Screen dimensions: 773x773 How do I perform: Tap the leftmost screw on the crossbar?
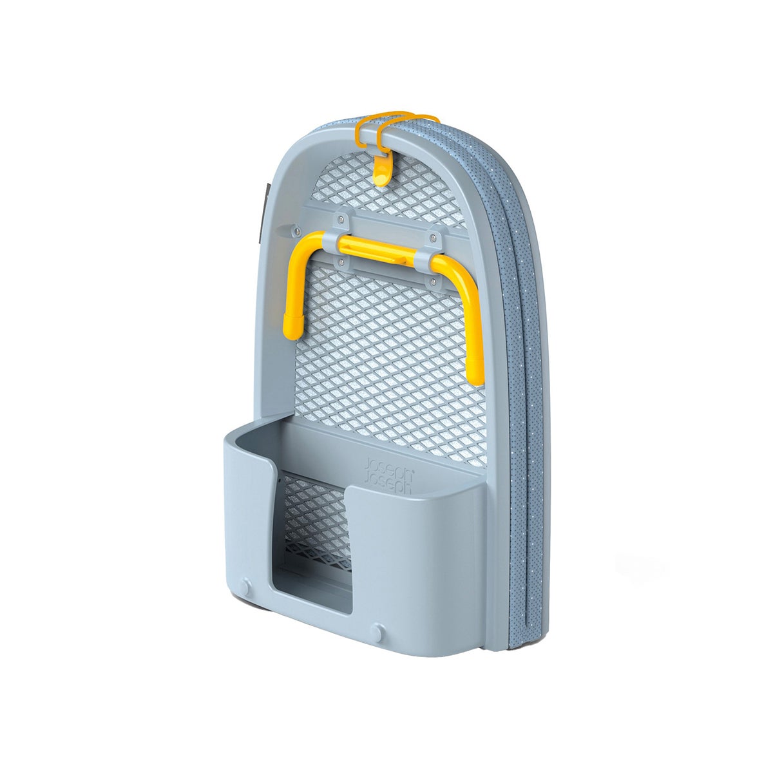[297, 227]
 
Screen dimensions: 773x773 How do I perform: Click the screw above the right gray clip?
[434, 238]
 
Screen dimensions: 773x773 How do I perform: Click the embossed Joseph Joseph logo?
[388, 474]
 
